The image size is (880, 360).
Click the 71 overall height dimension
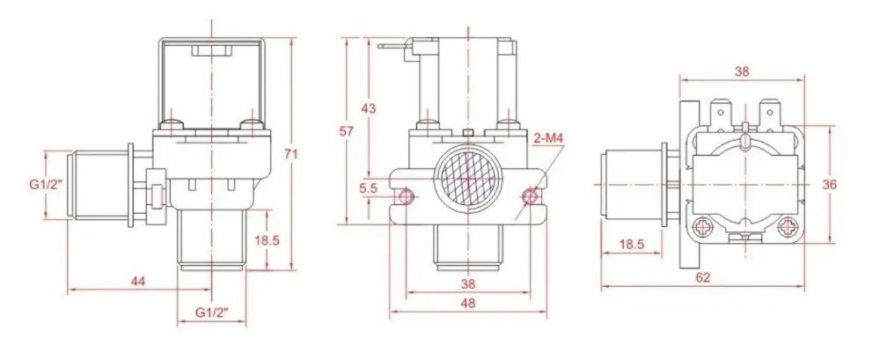coord(290,154)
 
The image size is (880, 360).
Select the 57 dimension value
coord(347,131)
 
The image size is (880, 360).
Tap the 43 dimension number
coord(369,108)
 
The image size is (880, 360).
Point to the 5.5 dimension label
coord(369,189)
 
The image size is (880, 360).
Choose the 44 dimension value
coord(138,282)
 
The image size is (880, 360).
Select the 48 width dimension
coord(467,304)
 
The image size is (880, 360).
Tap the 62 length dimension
coord(702,277)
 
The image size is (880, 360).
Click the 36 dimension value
coord(831,184)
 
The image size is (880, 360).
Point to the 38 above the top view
coord(742,71)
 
